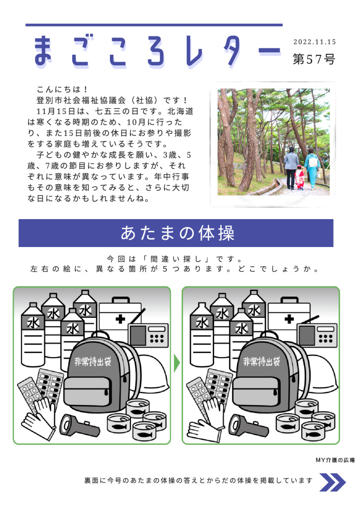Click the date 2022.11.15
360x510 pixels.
click(315, 42)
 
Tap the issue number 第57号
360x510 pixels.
click(314, 59)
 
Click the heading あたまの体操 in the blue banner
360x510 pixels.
click(178, 233)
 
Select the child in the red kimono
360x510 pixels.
click(300, 178)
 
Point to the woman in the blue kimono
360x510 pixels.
click(313, 168)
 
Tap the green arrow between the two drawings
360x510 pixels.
click(177, 363)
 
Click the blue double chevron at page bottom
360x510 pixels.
click(332, 482)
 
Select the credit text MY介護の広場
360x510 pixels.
click(335, 460)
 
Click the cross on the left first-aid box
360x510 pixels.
click(120, 319)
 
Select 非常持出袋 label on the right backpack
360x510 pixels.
click(261, 362)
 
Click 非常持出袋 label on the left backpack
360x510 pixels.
click(93, 362)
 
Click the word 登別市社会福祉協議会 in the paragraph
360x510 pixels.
click(81, 100)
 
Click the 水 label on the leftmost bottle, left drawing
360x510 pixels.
click(33, 323)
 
